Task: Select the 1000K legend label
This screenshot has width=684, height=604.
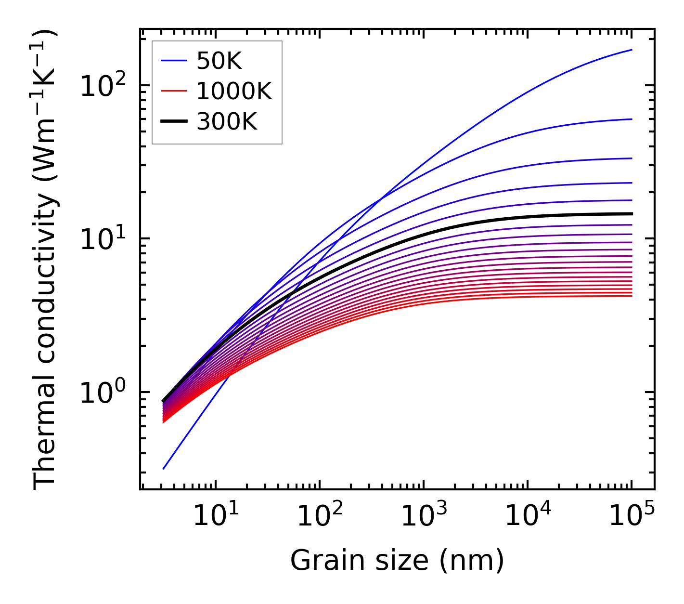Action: (x=234, y=91)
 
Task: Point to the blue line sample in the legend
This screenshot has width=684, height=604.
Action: (x=173, y=61)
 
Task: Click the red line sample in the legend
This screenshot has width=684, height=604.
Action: (x=173, y=91)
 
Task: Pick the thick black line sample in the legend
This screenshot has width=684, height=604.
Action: (x=173, y=122)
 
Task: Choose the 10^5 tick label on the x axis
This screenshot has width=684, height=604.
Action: (x=631, y=518)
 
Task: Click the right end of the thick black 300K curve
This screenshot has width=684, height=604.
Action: (x=631, y=213)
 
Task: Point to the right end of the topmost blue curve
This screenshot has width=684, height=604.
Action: (x=631, y=50)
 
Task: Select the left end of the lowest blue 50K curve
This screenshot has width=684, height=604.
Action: (x=164, y=468)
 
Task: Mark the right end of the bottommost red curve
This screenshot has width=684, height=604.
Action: (x=631, y=296)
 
